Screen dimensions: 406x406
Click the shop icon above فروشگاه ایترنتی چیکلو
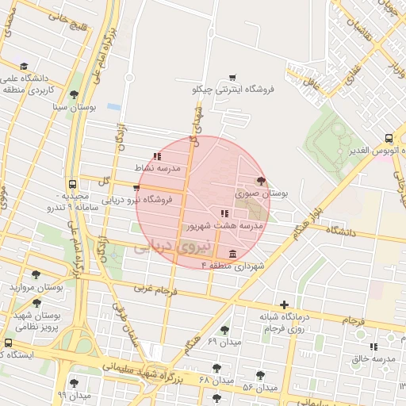click(x=232, y=78)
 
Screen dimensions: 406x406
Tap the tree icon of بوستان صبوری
click(x=262, y=182)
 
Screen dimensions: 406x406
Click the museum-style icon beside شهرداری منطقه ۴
click(x=232, y=254)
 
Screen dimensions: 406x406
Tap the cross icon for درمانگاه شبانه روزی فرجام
click(x=285, y=304)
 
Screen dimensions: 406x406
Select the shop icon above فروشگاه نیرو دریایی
click(x=136, y=189)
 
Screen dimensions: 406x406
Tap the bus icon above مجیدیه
click(x=73, y=183)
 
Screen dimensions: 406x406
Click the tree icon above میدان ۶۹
click(x=224, y=329)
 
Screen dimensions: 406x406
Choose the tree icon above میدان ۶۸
click(x=216, y=368)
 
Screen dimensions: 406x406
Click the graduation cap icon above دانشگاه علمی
click(x=24, y=67)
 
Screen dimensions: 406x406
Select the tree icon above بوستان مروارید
click(x=36, y=274)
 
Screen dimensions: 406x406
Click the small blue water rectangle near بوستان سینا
click(x=114, y=106)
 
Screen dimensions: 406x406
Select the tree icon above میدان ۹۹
click(x=75, y=383)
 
